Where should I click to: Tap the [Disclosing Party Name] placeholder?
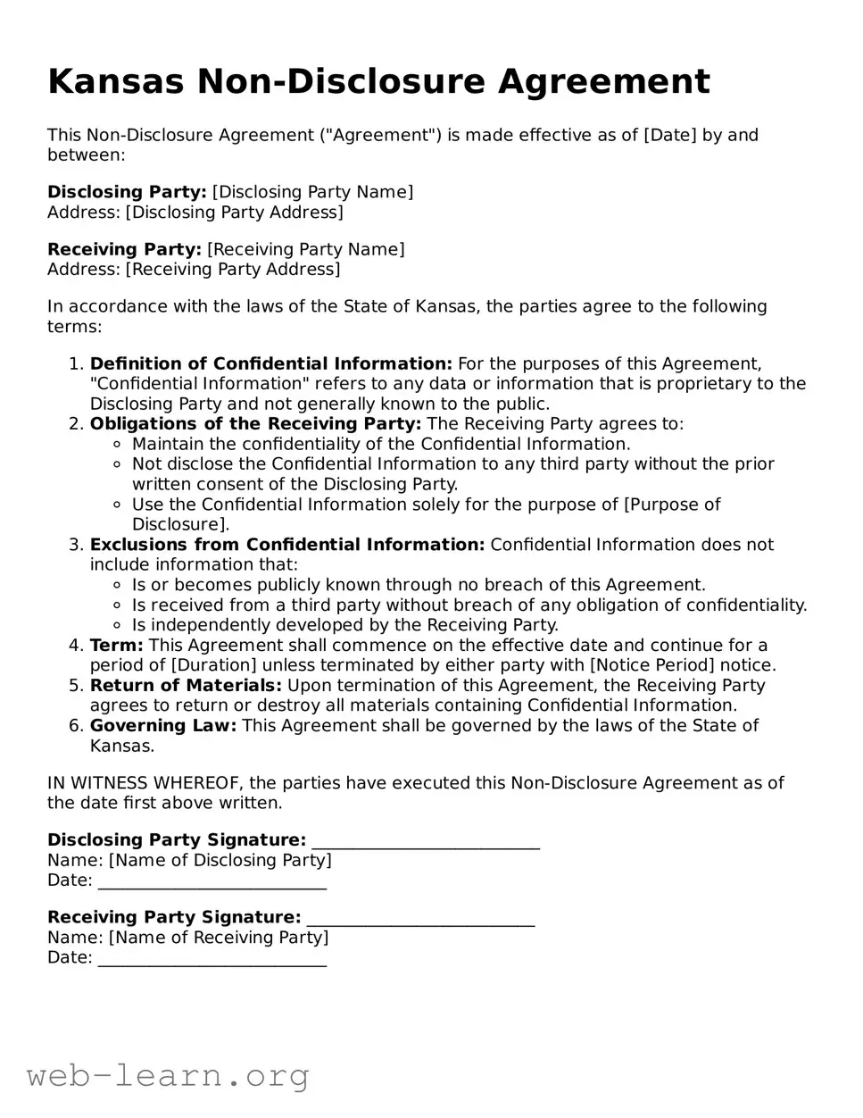pos(312,192)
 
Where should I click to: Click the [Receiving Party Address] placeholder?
pos(233,269)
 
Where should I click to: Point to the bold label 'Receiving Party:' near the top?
pos(124,249)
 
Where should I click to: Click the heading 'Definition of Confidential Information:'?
pos(271,363)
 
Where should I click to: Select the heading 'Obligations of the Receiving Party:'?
pos(255,423)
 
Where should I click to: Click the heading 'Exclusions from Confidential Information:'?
pos(287,545)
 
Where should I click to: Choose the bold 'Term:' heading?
pos(117,645)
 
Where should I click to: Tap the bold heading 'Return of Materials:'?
pos(186,685)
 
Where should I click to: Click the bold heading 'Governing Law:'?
pos(163,725)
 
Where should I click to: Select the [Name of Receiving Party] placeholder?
pos(219,937)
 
